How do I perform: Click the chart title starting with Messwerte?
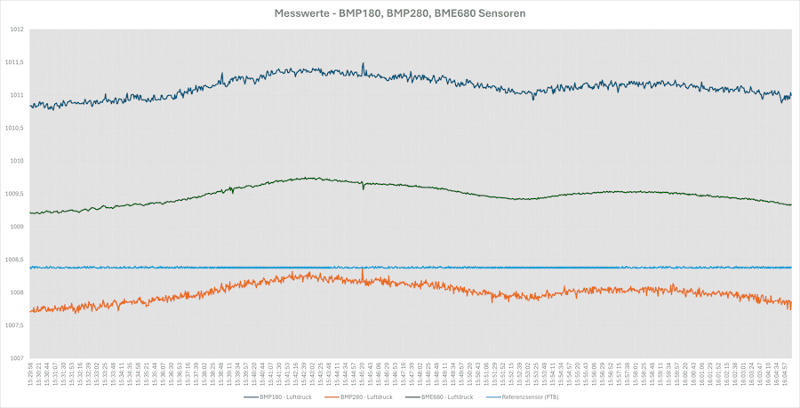399,13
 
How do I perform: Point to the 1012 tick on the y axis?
16,29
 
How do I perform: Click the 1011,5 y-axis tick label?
14,62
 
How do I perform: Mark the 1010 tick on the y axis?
16,161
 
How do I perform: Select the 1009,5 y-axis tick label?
14,194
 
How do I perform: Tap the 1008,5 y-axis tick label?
14,260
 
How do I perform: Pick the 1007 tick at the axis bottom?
16,358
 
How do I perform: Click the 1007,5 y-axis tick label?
14,325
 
